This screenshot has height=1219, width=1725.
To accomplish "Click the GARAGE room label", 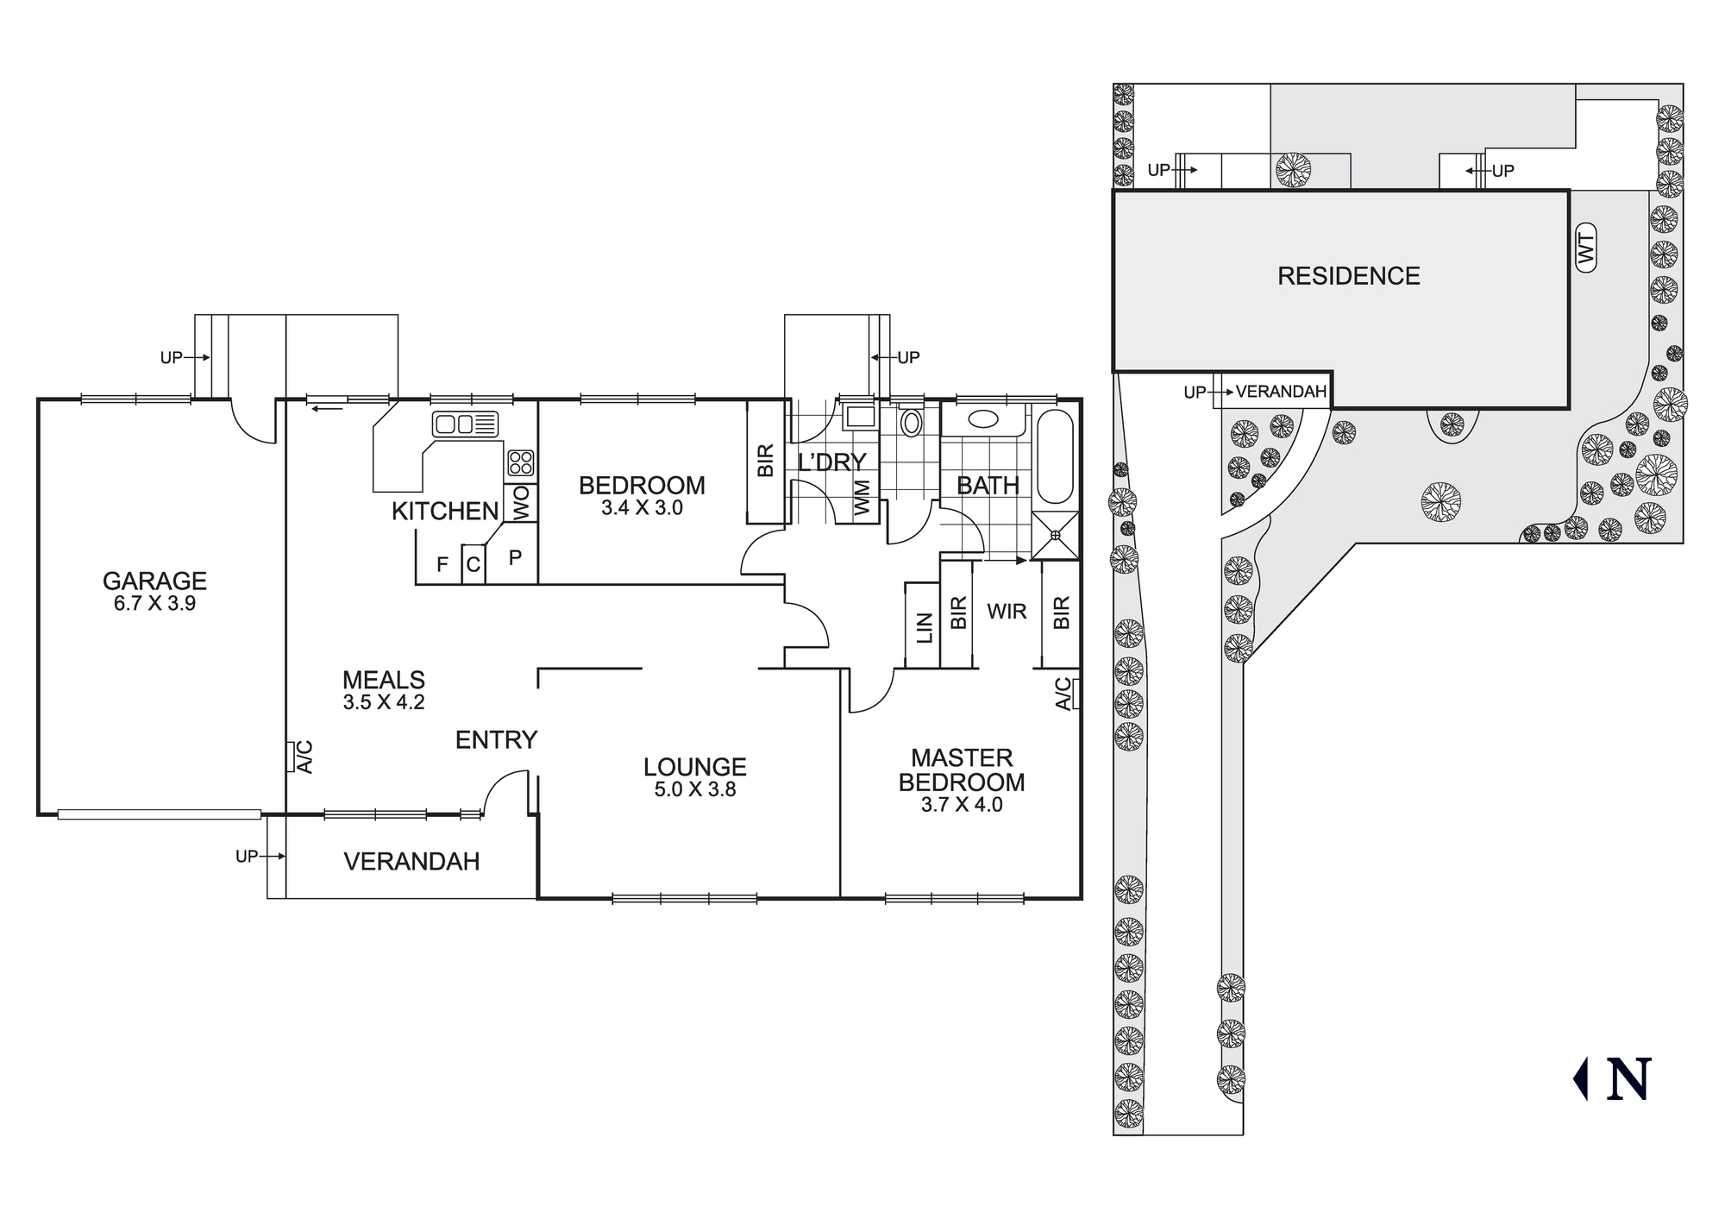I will (154, 581).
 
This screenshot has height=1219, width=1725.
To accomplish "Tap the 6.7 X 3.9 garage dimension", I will (154, 604).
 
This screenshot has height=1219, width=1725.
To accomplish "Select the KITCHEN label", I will (445, 512).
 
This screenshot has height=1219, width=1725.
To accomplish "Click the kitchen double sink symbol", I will (466, 424).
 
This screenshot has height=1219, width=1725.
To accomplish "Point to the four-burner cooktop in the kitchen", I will (520, 463).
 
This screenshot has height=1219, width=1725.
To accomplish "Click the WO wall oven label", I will (521, 504).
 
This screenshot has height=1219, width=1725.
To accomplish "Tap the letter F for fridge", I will (442, 565).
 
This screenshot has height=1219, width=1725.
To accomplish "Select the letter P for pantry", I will (515, 558).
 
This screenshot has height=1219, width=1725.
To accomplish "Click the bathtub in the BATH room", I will (1054, 457).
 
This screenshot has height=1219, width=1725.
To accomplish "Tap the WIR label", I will (1007, 612).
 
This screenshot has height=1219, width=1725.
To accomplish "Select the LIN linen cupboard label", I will (924, 627).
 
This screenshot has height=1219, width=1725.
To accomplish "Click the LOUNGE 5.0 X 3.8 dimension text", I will (694, 789).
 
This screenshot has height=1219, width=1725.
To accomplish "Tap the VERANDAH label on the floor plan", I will (411, 861).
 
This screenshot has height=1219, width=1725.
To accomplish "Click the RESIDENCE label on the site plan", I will (1348, 276).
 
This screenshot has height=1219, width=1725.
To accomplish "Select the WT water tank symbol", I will (1585, 248).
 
